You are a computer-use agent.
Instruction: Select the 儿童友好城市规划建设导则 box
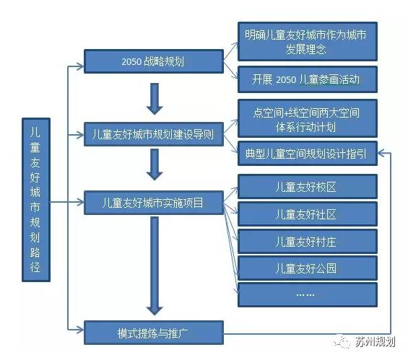tap(153, 133)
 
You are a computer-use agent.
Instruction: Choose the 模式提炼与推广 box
tap(153, 333)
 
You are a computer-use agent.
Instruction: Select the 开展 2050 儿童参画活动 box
tap(307, 79)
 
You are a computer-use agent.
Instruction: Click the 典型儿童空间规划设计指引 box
tap(307, 153)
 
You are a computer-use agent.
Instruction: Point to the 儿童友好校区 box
tap(307, 188)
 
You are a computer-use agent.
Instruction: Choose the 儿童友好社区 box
tap(307, 215)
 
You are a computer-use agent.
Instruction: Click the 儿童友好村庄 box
tap(307, 242)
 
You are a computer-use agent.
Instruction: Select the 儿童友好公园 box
tap(307, 268)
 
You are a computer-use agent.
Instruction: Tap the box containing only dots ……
tap(307, 295)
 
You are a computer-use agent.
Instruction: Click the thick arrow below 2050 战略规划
tap(153, 98)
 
